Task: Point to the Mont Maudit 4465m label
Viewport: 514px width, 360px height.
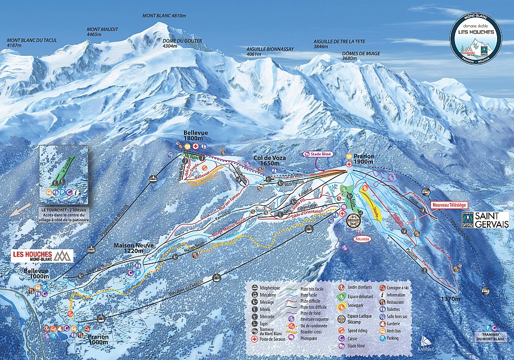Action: point(102,31)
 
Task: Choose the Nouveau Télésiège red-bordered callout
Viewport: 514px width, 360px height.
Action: point(449,206)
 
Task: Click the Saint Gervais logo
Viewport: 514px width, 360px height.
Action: point(484,220)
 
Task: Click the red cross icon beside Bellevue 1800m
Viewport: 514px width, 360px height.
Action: point(195,146)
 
